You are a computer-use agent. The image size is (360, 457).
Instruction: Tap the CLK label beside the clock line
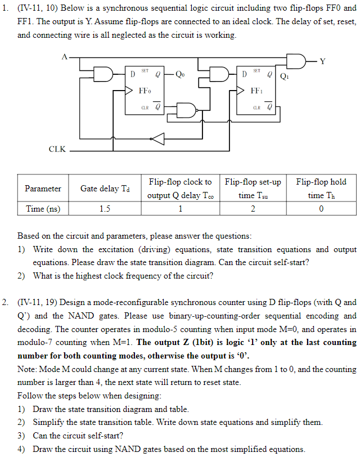tap(57, 150)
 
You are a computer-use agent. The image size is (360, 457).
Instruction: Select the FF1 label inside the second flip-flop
tap(256, 90)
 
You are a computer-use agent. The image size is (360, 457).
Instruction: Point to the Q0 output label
tap(179, 74)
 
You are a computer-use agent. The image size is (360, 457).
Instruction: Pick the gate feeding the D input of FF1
tap(218, 74)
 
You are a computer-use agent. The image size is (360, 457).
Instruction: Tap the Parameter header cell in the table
tap(43, 189)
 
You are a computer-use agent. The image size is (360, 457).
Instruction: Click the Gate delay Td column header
tap(104, 189)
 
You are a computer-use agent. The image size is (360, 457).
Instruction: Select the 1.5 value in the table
tap(104, 209)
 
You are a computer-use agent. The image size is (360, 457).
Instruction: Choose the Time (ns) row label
tap(43, 209)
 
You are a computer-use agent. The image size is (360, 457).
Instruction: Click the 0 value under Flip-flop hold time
tap(321, 209)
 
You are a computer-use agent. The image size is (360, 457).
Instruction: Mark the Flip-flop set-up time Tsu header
tap(253, 189)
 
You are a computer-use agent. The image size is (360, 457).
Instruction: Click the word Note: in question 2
tap(28, 369)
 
